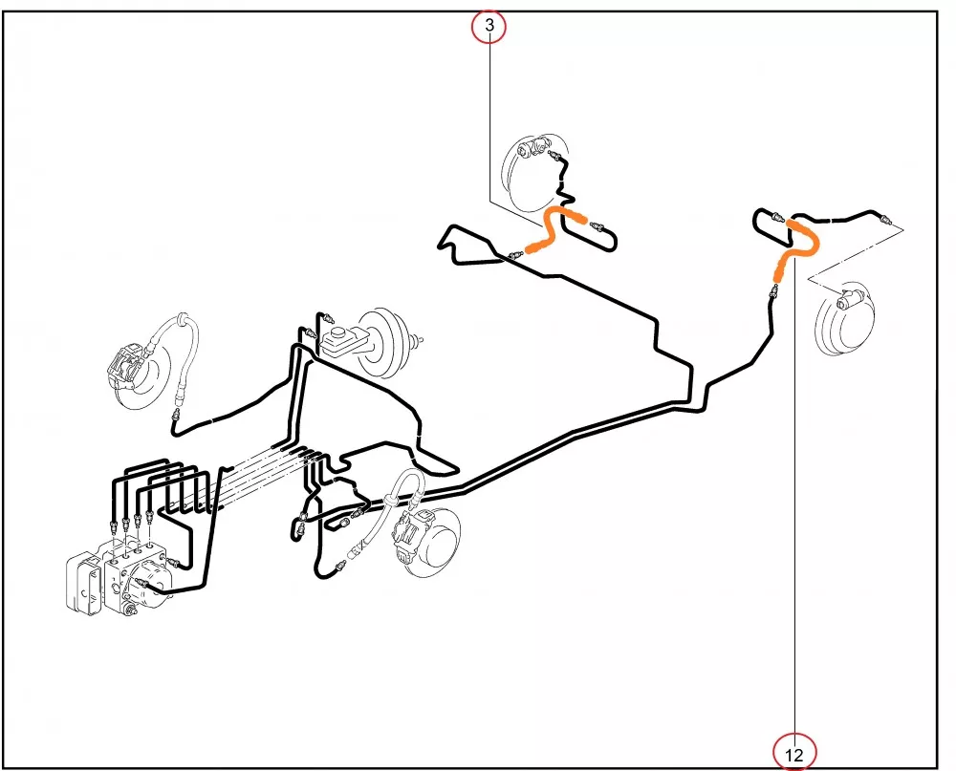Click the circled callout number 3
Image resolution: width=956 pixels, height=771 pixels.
click(489, 26)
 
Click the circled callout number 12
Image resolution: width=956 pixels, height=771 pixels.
click(793, 753)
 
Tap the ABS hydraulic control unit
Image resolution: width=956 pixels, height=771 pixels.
click(116, 576)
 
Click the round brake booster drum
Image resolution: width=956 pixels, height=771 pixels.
click(380, 341)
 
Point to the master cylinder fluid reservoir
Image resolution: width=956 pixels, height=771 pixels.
click(342, 340)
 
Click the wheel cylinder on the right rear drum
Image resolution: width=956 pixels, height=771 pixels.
click(847, 301)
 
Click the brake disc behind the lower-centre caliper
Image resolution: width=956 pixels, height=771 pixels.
click(437, 544)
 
